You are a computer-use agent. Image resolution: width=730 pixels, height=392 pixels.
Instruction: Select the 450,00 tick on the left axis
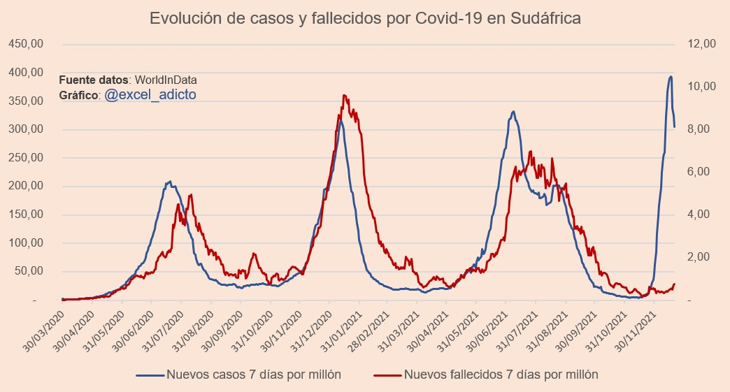26,44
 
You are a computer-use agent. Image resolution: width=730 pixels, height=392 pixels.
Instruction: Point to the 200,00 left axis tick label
26,187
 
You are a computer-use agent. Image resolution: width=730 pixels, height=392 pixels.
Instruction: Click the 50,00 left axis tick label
29,272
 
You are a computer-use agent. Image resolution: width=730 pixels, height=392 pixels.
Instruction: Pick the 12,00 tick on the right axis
701,44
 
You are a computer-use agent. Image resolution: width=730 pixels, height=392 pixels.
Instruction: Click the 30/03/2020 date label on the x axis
44,328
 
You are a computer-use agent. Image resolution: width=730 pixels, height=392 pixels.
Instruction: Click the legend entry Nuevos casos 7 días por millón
253,375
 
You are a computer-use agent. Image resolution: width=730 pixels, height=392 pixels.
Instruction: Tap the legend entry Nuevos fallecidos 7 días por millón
501,375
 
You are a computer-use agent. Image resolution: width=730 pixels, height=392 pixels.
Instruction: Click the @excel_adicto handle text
150,94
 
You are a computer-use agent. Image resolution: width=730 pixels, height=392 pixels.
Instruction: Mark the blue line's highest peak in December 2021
671,76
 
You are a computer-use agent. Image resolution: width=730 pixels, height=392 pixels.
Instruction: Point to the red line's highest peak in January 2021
344,95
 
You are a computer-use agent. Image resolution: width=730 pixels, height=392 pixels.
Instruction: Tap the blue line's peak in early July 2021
513,111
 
